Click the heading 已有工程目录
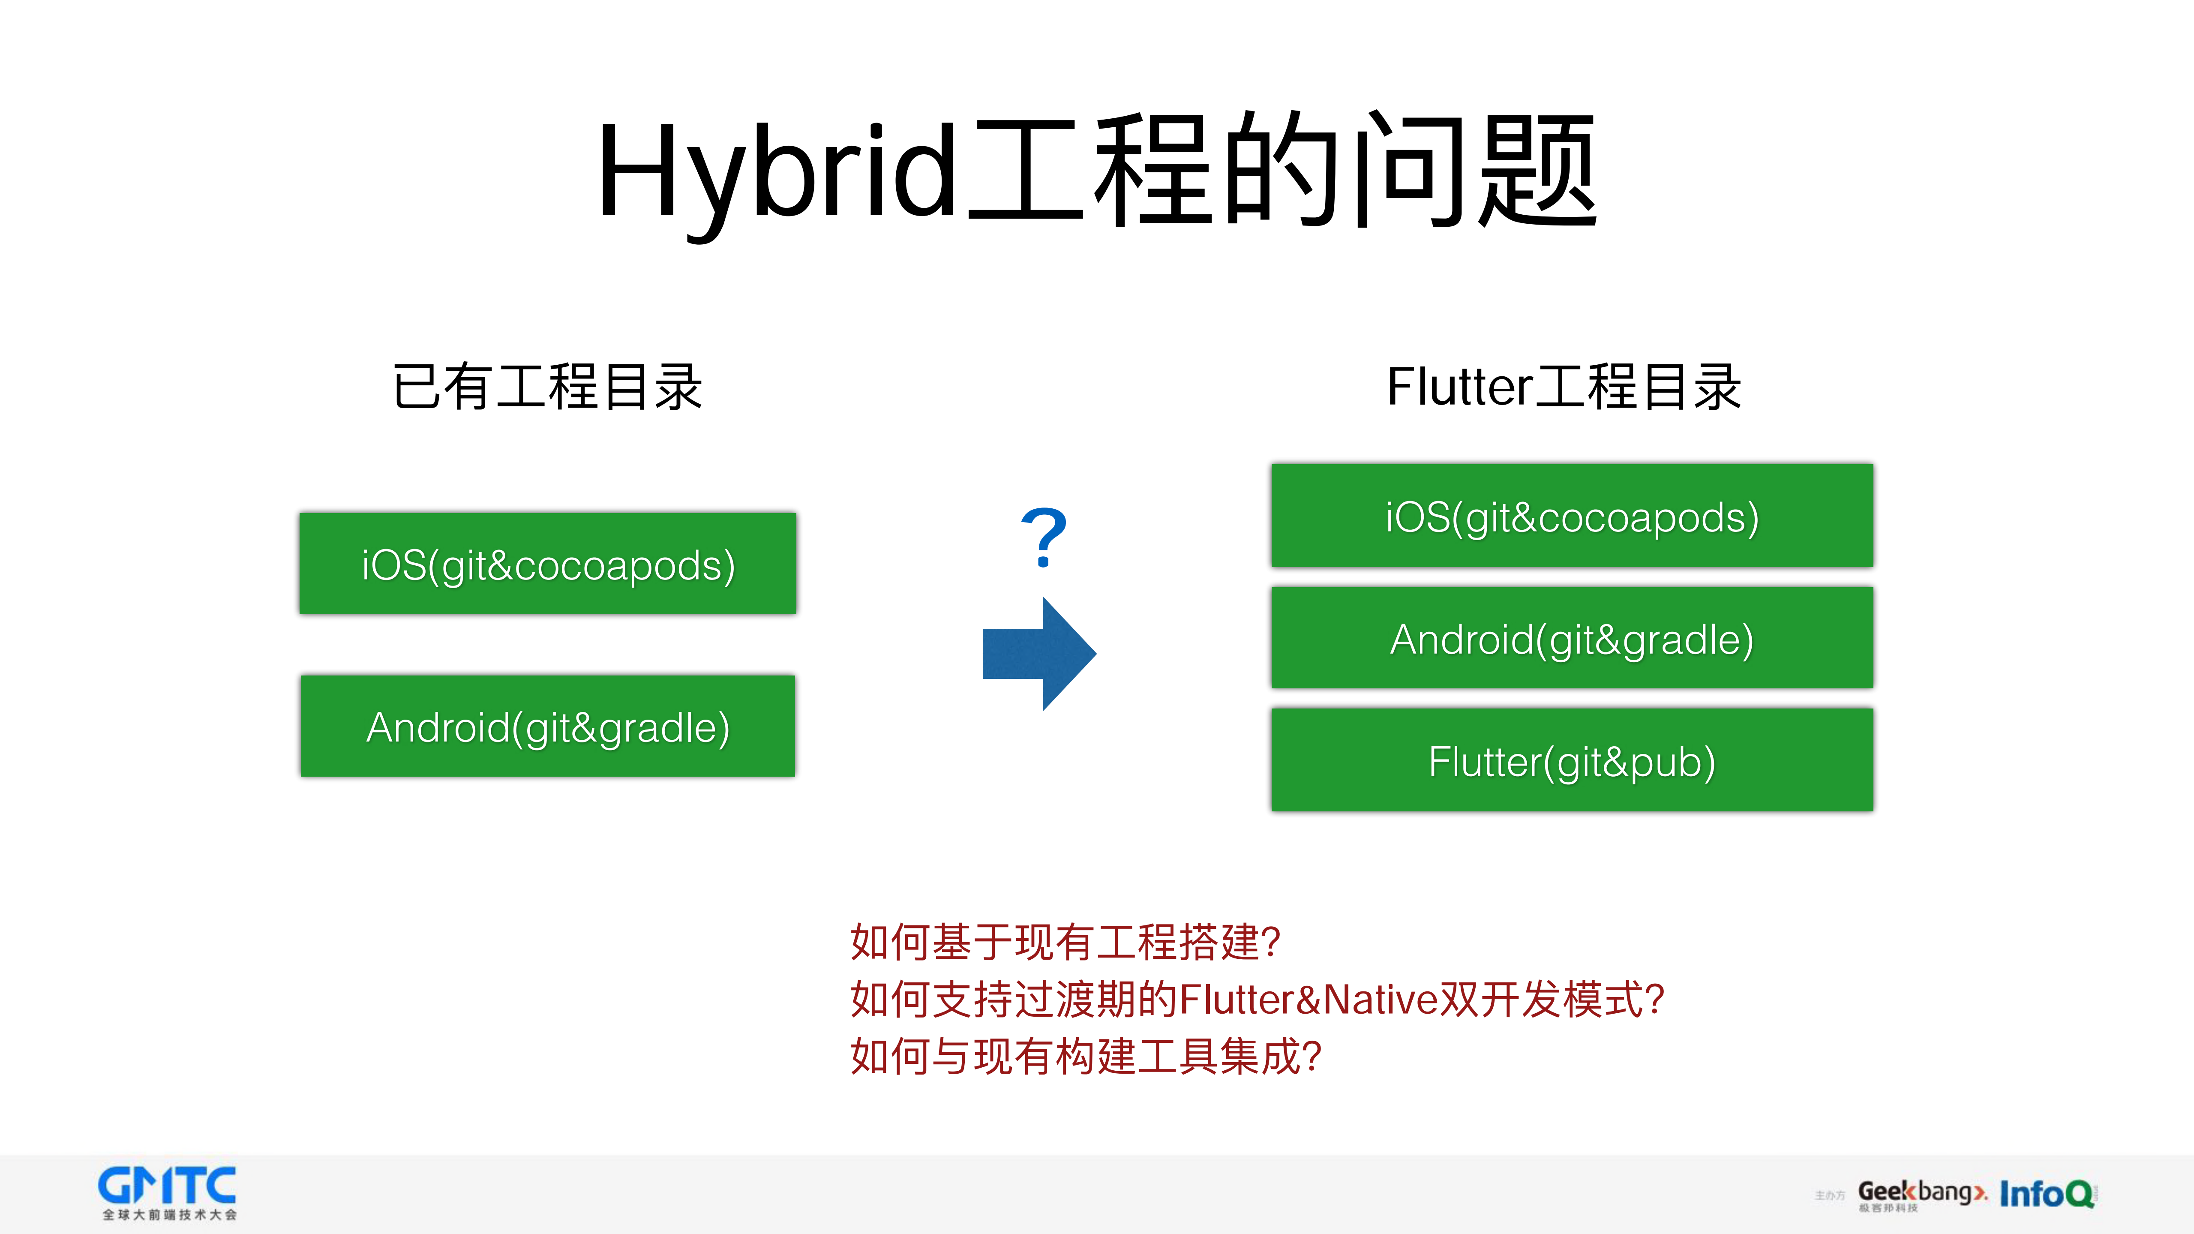tap(548, 387)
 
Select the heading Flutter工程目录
tap(1564, 387)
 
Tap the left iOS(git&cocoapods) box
tap(548, 564)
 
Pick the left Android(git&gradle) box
tap(548, 727)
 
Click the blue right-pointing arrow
tap(1039, 653)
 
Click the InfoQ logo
tap(2047, 1194)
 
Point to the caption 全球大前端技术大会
tap(169, 1215)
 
